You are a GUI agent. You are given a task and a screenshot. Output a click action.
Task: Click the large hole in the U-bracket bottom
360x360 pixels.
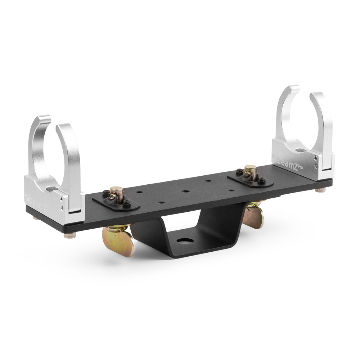click(x=184, y=239)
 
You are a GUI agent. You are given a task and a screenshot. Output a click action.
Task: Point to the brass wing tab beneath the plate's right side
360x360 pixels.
click(x=255, y=214)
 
